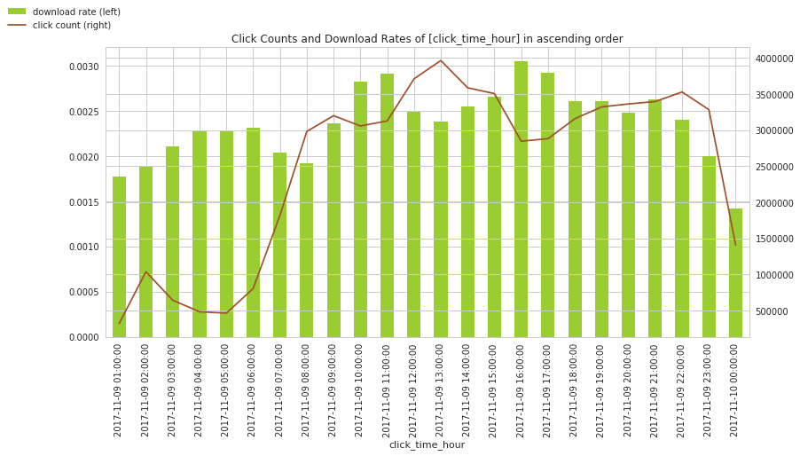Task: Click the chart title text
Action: (x=427, y=39)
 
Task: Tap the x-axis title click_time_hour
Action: (x=427, y=444)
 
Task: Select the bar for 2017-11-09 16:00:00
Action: (x=521, y=200)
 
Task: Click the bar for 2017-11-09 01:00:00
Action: (x=119, y=257)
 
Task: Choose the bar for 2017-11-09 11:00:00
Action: (x=387, y=206)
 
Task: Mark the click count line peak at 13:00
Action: (x=441, y=60)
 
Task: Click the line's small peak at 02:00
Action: (x=146, y=271)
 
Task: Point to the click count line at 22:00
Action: (x=682, y=92)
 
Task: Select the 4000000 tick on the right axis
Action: (x=774, y=59)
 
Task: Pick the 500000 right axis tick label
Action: (x=772, y=311)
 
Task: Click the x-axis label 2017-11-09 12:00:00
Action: (x=413, y=389)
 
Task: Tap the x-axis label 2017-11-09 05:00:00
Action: (x=226, y=389)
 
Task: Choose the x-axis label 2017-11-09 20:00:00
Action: (x=628, y=389)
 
